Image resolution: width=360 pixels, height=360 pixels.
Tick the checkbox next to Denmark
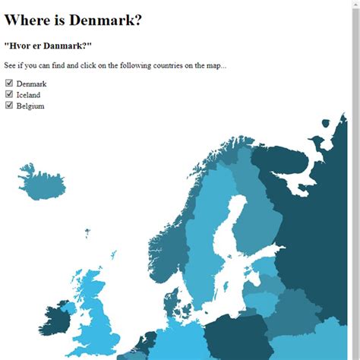pyautogui.click(x=9, y=84)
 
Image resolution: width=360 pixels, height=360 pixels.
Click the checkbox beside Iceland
pyautogui.click(x=9, y=94)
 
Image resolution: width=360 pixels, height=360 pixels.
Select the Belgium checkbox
pyautogui.click(x=9, y=106)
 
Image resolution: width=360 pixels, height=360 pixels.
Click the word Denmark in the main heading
pyautogui.click(x=109, y=21)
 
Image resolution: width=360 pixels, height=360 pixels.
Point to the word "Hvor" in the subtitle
pyautogui.click(x=21, y=46)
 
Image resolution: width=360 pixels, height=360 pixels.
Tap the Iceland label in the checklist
pyautogui.click(x=28, y=95)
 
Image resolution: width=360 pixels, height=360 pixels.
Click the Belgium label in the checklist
pyautogui.click(x=30, y=106)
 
